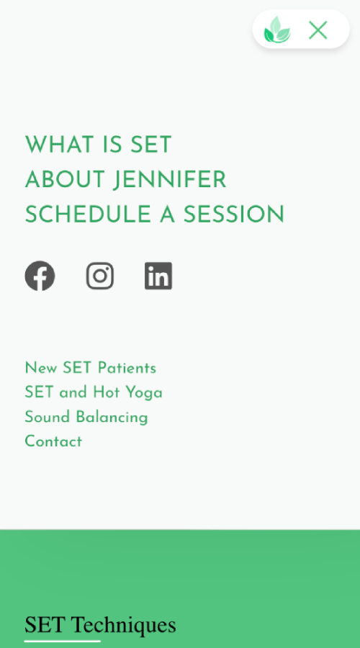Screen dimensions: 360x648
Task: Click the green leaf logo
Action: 277,30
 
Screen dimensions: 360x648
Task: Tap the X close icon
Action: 318,30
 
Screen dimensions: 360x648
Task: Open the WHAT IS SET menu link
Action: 99,145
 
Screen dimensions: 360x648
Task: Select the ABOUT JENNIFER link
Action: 126,180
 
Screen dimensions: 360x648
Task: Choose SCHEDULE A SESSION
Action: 155,215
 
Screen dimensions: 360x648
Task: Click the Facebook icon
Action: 40,276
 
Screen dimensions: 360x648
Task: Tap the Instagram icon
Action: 99,276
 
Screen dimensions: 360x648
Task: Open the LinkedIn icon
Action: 158,276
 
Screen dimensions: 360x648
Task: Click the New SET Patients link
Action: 91,368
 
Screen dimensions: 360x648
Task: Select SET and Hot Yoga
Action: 94,392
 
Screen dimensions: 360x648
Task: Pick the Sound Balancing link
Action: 86,417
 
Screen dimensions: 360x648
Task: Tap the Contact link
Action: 53,441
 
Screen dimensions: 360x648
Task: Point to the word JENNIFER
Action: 170,180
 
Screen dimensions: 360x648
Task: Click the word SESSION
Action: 234,215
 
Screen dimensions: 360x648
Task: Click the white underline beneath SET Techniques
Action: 63,641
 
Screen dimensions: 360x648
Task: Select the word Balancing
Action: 112,418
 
